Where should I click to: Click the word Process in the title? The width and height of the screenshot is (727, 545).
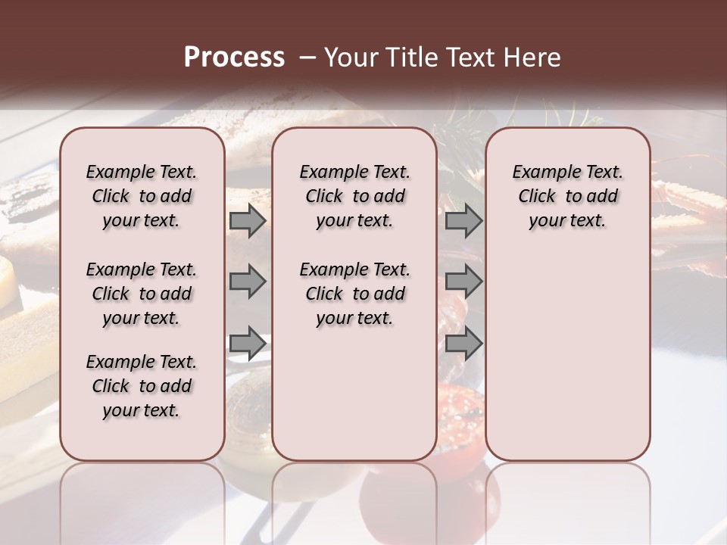[x=234, y=58]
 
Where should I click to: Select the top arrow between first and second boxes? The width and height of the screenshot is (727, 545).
[x=248, y=221]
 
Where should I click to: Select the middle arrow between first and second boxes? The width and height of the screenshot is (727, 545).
[x=248, y=282]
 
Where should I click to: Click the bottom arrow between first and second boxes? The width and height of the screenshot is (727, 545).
[x=248, y=342]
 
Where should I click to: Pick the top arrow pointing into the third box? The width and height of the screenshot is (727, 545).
[x=463, y=221]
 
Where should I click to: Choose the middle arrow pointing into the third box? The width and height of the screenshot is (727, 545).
[x=463, y=282]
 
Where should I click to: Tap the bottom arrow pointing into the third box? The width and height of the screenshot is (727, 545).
[x=463, y=342]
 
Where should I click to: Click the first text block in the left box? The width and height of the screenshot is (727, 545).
[x=142, y=196]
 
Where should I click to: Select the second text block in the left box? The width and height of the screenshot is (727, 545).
[x=142, y=294]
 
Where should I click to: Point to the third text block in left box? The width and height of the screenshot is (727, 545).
[x=142, y=386]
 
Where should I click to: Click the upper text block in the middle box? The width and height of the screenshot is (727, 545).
[x=354, y=196]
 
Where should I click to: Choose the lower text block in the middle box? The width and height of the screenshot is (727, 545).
[x=354, y=294]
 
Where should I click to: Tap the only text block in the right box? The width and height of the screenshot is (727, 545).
[x=567, y=196]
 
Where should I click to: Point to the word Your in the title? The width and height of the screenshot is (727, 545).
[x=350, y=58]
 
